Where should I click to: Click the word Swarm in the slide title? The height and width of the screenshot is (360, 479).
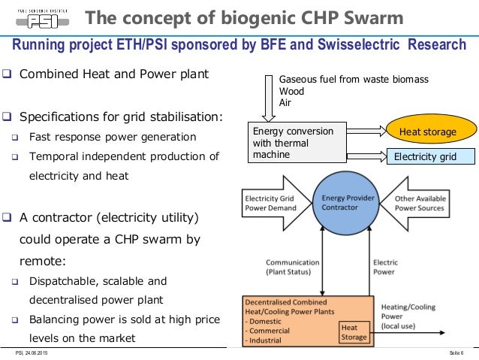click(369, 17)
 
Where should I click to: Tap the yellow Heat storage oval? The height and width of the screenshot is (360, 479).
click(427, 132)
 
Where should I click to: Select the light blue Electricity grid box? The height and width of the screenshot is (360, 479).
click(430, 157)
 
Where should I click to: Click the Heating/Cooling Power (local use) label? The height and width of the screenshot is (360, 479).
click(409, 316)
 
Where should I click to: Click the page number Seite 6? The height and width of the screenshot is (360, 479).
click(453, 352)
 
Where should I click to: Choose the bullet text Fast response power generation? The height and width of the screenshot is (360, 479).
click(112, 137)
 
